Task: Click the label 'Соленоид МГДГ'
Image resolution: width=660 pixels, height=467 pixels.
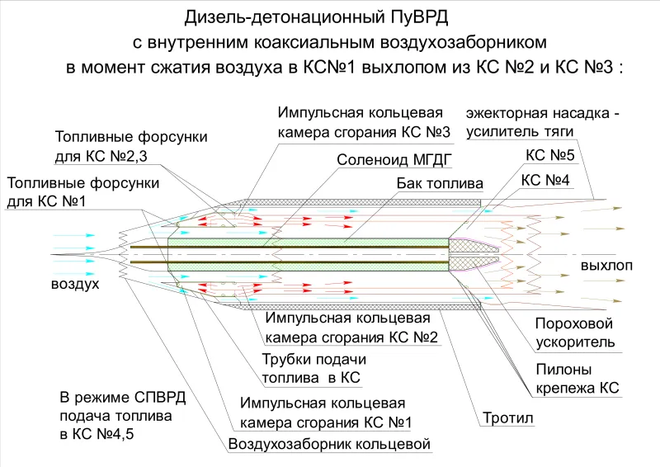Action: [x=394, y=160]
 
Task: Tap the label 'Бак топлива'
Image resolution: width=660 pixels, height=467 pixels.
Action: [x=440, y=184]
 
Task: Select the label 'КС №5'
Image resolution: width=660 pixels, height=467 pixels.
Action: [x=550, y=155]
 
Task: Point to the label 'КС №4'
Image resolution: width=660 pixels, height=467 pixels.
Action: [x=545, y=180]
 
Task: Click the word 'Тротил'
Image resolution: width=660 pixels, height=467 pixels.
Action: [x=508, y=417]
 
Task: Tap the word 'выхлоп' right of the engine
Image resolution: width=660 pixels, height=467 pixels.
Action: [x=606, y=266]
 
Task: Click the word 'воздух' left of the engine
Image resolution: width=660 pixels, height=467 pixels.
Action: [x=75, y=284]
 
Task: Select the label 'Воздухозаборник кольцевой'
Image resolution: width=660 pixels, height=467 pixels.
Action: [x=329, y=444]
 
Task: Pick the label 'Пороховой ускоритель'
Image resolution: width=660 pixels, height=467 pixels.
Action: [x=574, y=333]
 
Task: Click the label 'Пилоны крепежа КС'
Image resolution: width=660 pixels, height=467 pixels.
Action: [x=577, y=379]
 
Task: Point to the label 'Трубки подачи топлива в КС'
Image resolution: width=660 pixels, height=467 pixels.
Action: [x=314, y=369]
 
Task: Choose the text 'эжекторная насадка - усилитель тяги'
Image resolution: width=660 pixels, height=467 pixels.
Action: [x=543, y=123]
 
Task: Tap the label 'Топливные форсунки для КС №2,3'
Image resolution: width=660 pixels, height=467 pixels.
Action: [x=131, y=147]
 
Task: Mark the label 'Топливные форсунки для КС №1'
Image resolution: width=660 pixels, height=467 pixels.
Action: [x=83, y=192]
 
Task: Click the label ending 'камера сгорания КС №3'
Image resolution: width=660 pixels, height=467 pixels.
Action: [x=364, y=123]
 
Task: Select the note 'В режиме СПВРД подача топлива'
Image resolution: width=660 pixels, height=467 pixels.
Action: [x=122, y=415]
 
